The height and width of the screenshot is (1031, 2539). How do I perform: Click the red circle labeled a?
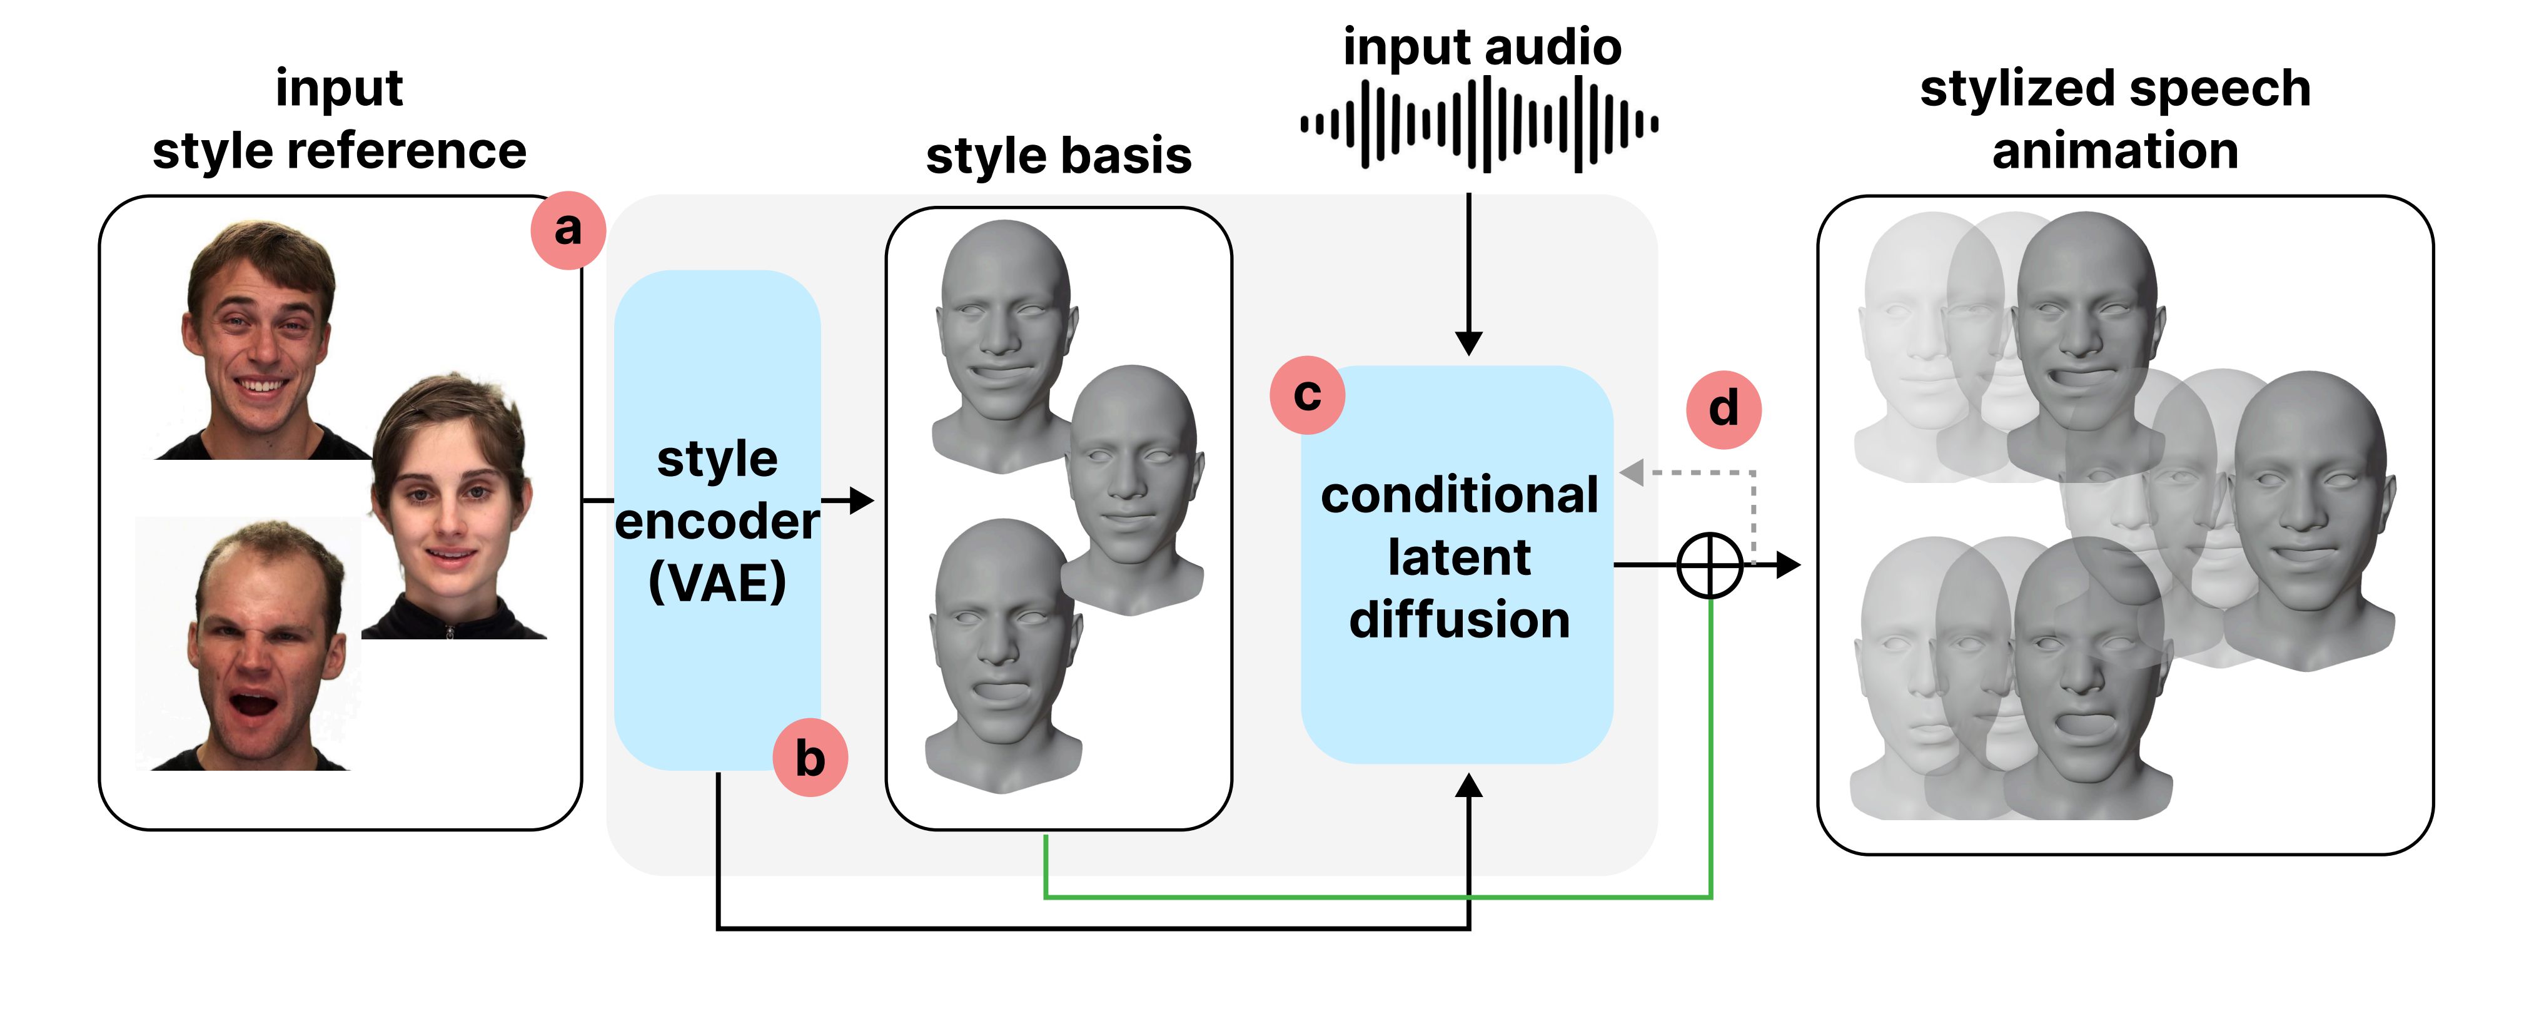tap(568, 230)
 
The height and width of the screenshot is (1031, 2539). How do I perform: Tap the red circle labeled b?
tap(809, 759)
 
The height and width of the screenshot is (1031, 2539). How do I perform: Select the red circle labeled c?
tap(1307, 395)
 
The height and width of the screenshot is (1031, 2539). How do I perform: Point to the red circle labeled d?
tap(1723, 409)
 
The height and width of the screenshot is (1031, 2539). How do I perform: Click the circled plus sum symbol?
tap(1710, 566)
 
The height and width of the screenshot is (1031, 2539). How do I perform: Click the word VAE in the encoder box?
tap(717, 582)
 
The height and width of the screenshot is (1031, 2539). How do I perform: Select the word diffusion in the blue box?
tap(1459, 620)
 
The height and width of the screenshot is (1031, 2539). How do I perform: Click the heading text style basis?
tap(1059, 156)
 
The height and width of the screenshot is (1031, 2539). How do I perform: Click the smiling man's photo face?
tap(258, 335)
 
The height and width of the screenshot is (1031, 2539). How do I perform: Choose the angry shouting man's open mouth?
tap(251, 705)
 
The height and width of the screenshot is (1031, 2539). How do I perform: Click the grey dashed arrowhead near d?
tap(1631, 473)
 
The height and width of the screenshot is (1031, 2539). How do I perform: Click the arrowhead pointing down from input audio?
tap(1468, 343)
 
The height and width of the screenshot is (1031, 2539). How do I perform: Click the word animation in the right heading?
tap(2114, 151)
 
